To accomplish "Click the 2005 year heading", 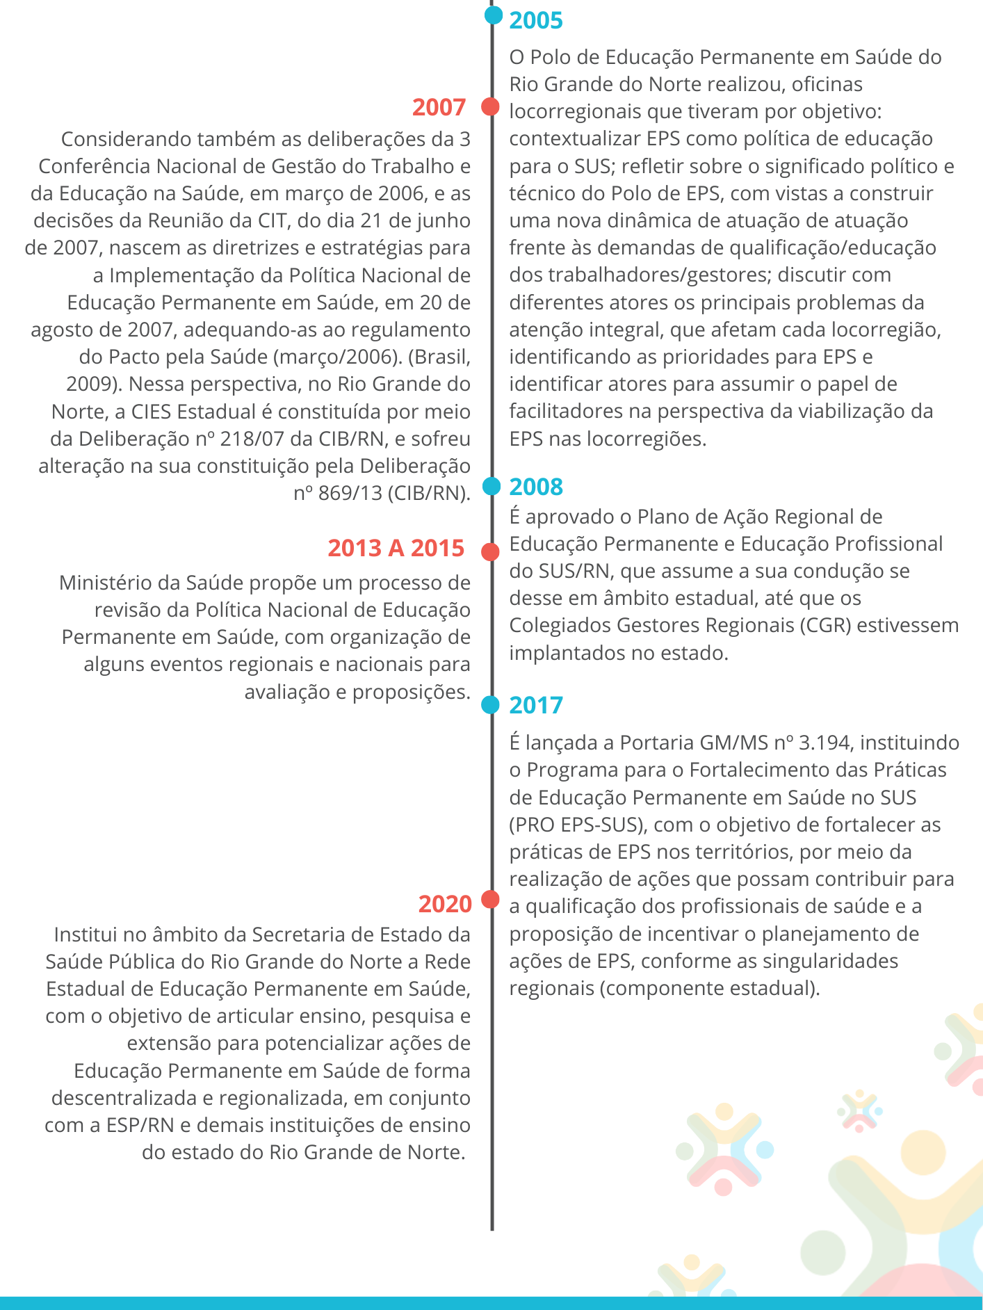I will (x=535, y=20).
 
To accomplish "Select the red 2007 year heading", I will (x=439, y=107).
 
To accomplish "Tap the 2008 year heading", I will (x=535, y=487).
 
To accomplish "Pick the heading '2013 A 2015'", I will (x=396, y=548).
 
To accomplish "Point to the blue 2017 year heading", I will (x=535, y=705).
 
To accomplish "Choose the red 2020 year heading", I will (x=445, y=904).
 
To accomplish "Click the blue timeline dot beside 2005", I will (x=493, y=15).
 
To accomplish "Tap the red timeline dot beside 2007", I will (x=491, y=106).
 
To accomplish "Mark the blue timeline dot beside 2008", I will (x=491, y=486).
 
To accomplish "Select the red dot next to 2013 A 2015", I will (x=491, y=551).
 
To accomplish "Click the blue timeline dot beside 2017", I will (x=491, y=705).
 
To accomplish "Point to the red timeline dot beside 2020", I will (x=491, y=899).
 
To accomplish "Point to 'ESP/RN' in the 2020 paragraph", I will (x=140, y=1125).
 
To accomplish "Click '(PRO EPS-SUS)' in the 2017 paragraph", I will (x=574, y=825).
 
